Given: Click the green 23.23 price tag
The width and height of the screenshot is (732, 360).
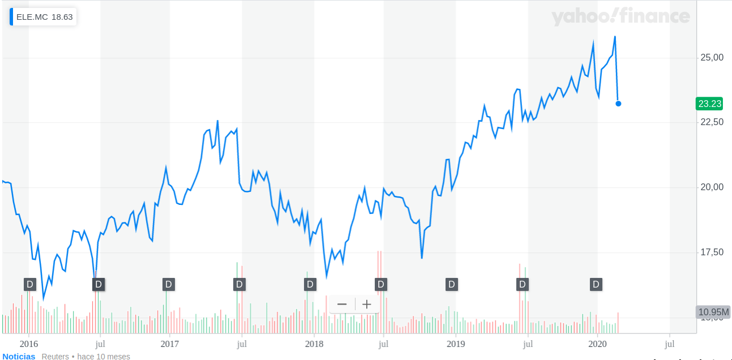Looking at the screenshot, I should [710, 104].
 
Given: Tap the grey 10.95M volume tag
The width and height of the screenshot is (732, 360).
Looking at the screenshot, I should [713, 312].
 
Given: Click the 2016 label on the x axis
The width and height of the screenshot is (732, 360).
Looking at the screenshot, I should [28, 344].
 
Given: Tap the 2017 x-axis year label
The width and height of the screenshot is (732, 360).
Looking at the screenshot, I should [169, 344].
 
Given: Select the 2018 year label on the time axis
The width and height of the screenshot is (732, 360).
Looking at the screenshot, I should [314, 344].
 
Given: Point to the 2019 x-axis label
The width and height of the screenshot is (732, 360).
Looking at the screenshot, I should [455, 344].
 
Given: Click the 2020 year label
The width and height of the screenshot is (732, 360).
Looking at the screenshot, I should [597, 344].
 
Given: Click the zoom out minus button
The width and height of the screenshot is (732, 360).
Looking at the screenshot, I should [342, 305].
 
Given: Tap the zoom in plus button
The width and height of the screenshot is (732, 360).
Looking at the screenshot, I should [367, 305].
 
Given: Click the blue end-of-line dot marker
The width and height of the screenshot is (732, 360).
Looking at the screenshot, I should [618, 104].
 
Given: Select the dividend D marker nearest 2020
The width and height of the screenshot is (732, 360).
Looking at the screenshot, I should [596, 284].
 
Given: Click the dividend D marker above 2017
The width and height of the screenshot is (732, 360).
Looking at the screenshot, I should [168, 284].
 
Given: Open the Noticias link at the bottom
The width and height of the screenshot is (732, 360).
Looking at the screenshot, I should [18, 357].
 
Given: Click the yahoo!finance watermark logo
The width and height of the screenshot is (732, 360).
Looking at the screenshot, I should [621, 17].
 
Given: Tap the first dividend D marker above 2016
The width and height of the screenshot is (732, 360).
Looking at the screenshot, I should [30, 284].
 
